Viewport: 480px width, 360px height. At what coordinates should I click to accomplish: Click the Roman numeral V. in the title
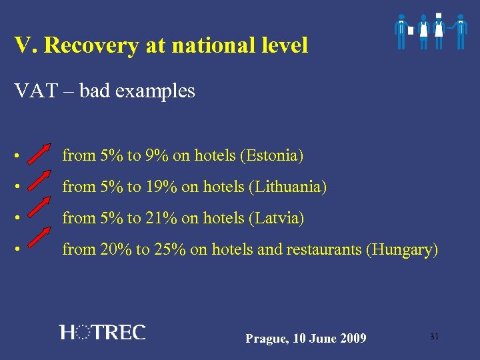click(x=25, y=45)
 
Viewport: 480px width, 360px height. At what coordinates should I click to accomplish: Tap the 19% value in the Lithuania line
click(x=161, y=187)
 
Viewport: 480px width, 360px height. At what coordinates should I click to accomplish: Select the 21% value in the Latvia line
click(x=161, y=219)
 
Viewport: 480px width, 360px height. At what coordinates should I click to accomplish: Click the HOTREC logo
click(x=102, y=332)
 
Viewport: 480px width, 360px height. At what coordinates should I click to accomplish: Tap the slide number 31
click(x=434, y=337)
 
